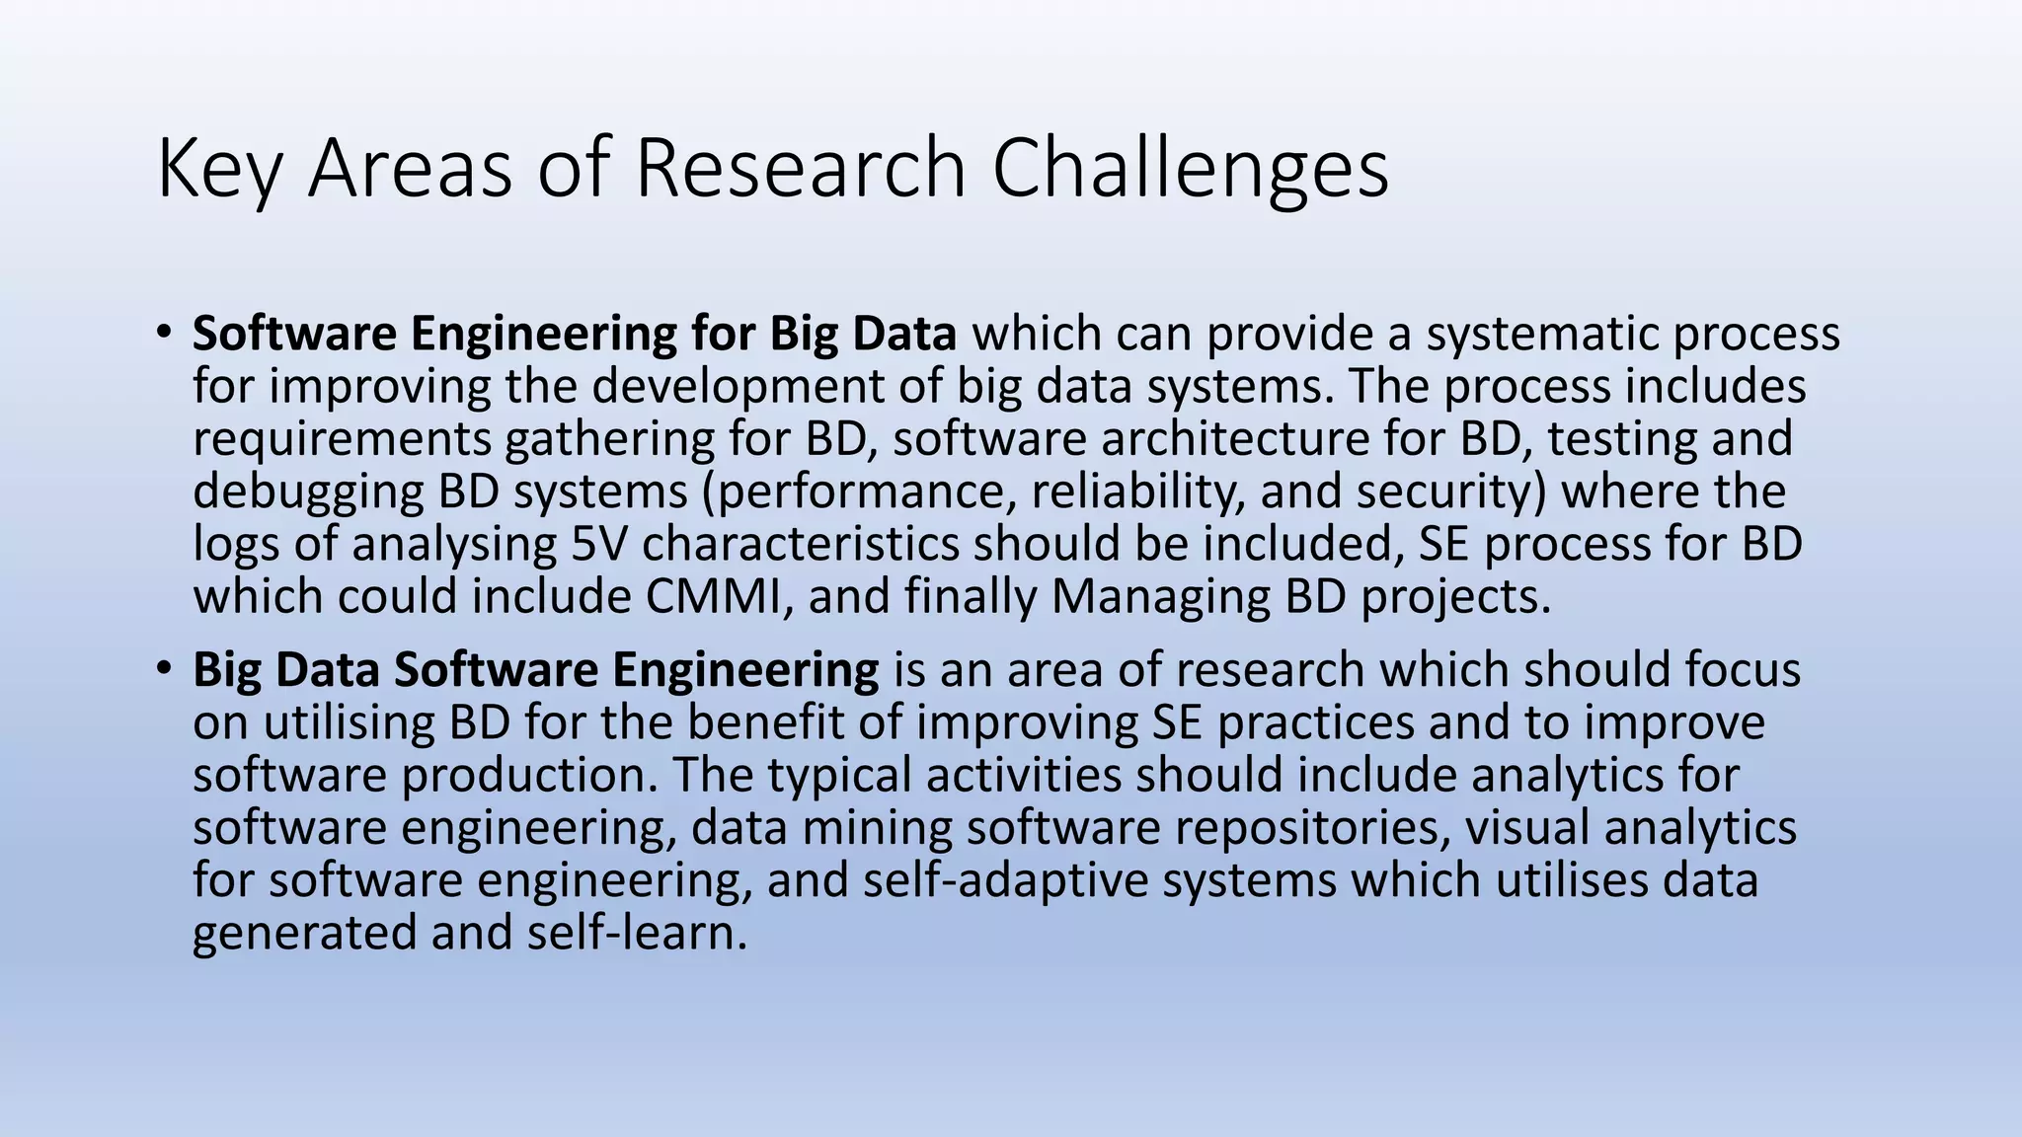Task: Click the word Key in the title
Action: (x=219, y=169)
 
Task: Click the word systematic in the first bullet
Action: (x=1541, y=334)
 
